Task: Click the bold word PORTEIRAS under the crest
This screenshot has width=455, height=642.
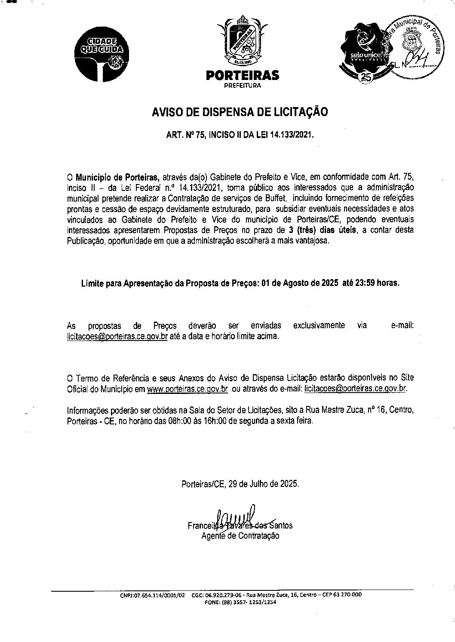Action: (243, 76)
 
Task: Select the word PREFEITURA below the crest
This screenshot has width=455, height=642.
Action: (243, 86)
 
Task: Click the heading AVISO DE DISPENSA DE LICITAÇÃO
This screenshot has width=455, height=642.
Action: (240, 112)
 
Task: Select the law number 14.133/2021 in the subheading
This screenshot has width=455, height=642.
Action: (291, 135)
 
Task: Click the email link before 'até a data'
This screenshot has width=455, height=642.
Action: (117, 336)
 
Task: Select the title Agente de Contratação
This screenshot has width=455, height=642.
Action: (240, 536)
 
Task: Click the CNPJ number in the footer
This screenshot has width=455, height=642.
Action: (152, 596)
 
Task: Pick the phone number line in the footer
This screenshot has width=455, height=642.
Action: (241, 602)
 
